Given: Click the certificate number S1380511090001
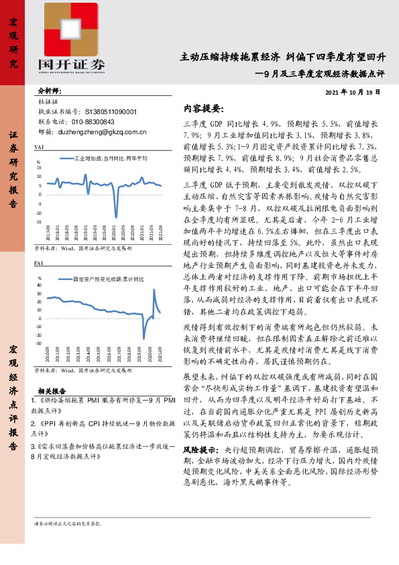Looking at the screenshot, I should pos(111,111).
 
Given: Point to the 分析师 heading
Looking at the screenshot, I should pos(50,91).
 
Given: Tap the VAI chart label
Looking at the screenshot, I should pos(39,146).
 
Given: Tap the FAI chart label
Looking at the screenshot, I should pos(39,265).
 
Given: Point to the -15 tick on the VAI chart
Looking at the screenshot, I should pos(40,221).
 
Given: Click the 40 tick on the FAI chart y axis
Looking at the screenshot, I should pos(41,285).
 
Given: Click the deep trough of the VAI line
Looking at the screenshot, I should pos(116,216).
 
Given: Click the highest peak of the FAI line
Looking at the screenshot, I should pos(154,290).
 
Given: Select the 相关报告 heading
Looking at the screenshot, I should pos(52,390).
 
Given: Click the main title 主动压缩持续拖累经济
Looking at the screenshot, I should pos(230,58).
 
